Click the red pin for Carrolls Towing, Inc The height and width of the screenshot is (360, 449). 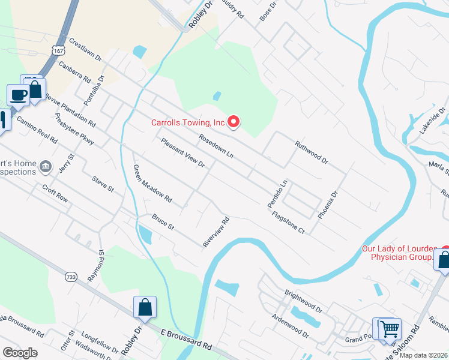tap(233, 122)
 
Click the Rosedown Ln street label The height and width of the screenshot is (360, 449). tap(216, 145)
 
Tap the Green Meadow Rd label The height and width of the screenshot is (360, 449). tap(152, 184)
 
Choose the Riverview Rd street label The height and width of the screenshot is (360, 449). tap(217, 232)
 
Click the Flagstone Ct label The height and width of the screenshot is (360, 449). tap(288, 222)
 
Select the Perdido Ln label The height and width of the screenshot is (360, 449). tap(278, 194)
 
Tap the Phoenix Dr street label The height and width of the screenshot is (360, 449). tap(328, 205)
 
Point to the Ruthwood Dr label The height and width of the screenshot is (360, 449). tap(312, 152)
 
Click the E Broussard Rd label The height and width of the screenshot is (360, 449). tap(187, 340)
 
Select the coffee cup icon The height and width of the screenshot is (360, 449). tap(19, 94)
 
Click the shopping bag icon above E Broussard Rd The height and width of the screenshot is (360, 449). tap(145, 307)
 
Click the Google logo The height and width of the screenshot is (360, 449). tap(20, 353)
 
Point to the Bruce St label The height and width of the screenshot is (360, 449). tap(163, 222)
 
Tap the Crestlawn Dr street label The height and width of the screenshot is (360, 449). tap(86, 51)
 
